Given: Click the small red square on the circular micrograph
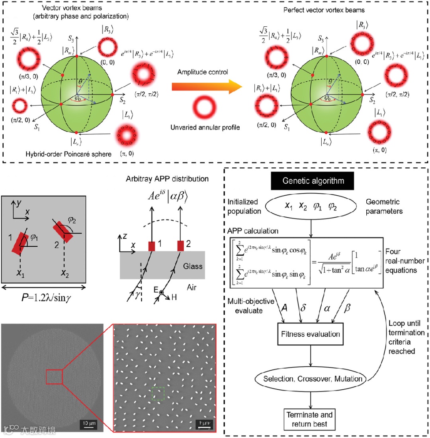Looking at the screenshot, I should coord(54,377).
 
